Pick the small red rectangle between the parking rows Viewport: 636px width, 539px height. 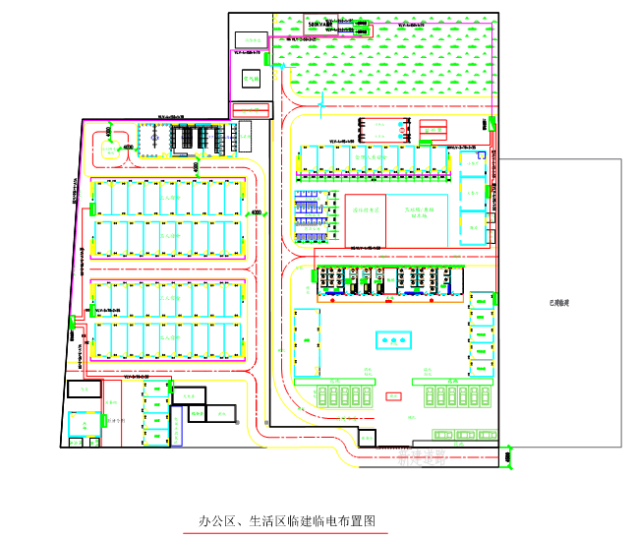(393, 396)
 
